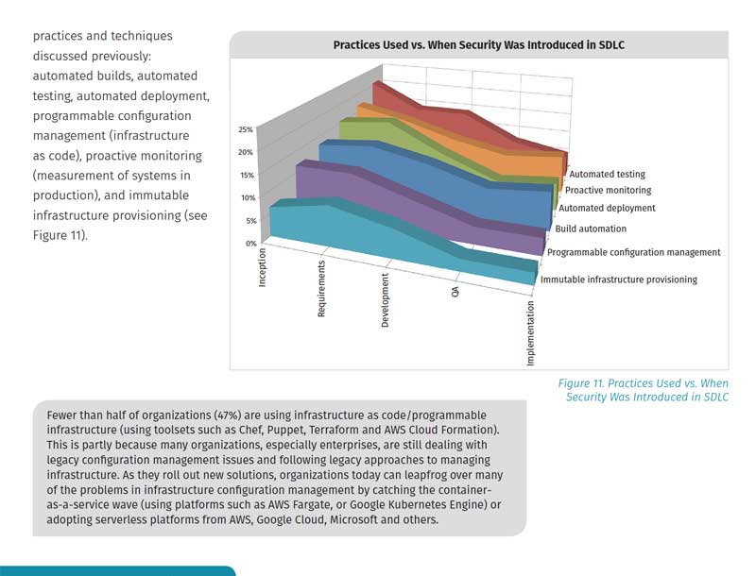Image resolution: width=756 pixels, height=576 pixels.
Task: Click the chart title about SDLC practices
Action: (x=478, y=44)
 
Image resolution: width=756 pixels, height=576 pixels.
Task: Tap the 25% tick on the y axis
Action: (x=245, y=129)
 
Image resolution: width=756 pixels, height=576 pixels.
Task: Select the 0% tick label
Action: (x=250, y=244)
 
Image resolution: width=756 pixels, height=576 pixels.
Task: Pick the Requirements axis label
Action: (x=322, y=289)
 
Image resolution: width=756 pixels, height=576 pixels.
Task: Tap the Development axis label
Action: (x=386, y=301)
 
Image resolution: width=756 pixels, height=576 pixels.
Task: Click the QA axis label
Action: (x=455, y=294)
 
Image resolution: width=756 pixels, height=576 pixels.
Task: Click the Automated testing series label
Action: (x=607, y=174)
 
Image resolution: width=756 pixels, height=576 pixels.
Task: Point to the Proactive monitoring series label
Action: (x=609, y=191)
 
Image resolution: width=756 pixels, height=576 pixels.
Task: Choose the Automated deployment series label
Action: (x=607, y=209)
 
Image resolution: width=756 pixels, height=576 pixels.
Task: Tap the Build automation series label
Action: (x=591, y=229)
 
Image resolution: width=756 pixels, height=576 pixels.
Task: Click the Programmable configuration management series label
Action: (x=633, y=252)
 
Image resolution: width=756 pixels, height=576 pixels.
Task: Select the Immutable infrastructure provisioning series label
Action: (x=618, y=280)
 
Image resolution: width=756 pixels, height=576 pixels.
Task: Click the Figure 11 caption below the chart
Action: (x=643, y=390)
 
